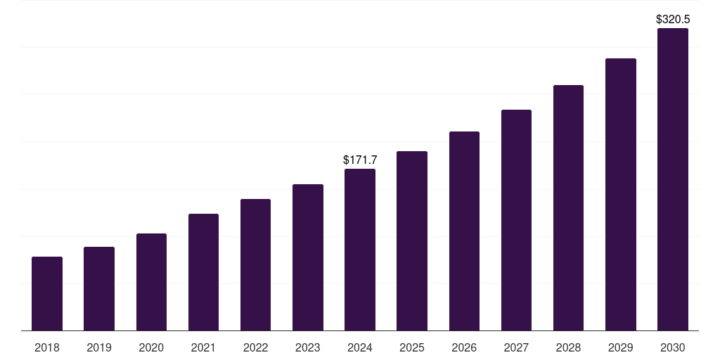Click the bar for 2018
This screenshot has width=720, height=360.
47,293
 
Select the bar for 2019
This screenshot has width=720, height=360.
99,288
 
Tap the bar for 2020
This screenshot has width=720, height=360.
151,282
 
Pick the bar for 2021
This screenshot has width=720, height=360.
203,272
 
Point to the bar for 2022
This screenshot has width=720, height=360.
255,264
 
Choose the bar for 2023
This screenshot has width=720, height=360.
308,257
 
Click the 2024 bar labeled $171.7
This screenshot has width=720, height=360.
360,250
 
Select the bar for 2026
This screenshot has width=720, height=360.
464,231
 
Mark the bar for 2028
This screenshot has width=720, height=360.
568,207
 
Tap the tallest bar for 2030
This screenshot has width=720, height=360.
673,179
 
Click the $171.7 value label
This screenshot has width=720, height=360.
360,160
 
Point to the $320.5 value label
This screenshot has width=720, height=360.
673,20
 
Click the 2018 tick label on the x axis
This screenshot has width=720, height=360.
47,347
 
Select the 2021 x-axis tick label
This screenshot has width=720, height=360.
203,347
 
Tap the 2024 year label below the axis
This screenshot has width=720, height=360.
360,347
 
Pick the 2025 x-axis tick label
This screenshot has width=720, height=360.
412,347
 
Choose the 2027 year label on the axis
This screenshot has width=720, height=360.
516,347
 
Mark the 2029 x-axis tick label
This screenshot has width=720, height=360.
620,347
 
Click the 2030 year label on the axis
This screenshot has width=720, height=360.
673,347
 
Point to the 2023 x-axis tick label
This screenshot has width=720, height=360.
308,347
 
